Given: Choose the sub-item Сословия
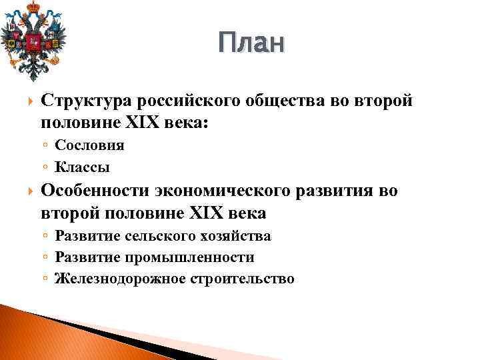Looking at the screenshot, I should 89,145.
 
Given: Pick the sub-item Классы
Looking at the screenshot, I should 82,167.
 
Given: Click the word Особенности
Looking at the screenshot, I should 96,192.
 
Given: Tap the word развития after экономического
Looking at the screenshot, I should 338,192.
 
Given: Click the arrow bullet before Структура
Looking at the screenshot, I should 27,101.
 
